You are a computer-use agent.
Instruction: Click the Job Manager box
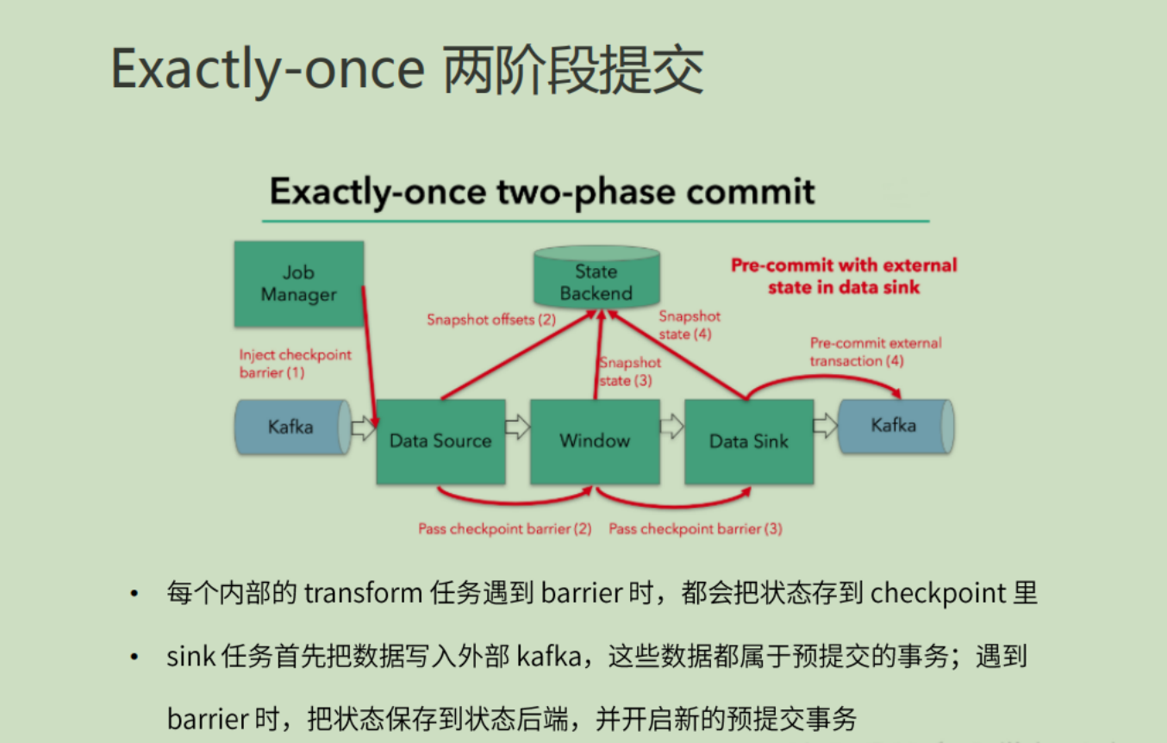click(298, 284)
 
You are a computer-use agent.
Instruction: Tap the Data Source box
click(440, 441)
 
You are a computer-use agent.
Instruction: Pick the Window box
click(595, 441)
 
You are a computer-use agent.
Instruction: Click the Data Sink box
click(748, 441)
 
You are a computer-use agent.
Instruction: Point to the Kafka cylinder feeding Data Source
click(292, 427)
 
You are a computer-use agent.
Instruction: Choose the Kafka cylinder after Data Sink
click(894, 425)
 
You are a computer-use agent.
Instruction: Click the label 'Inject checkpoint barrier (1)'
click(295, 364)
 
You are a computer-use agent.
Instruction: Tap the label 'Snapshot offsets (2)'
click(491, 320)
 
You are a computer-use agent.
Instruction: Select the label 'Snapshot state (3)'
click(629, 371)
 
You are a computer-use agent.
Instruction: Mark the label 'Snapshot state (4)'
click(690, 325)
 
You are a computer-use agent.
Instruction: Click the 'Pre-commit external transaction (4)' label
click(875, 352)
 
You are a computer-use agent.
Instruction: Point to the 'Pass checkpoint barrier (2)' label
click(504, 528)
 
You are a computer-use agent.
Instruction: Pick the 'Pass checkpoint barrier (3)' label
click(696, 528)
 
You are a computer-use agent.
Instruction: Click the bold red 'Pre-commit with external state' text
click(844, 276)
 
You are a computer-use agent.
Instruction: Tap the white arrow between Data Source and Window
click(517, 427)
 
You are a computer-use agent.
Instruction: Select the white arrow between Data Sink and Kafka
click(825, 425)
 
